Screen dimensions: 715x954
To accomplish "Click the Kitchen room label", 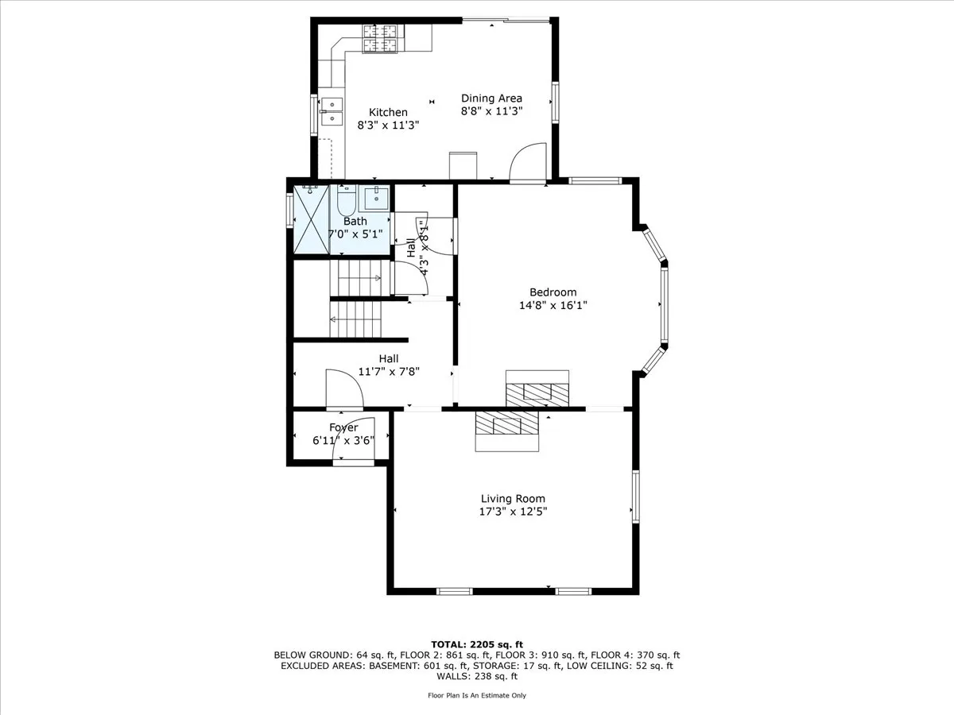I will point(388,113).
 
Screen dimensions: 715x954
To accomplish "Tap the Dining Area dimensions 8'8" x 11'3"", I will point(491,112).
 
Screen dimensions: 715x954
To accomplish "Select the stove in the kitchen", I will point(380,39).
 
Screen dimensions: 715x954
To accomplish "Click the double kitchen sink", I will point(331,111).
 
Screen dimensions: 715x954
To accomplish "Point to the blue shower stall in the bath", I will point(311,220).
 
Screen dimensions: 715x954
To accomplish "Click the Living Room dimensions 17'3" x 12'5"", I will point(513,512).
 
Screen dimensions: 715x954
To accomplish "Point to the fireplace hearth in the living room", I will point(508,431).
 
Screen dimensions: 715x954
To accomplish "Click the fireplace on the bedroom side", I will point(538,388).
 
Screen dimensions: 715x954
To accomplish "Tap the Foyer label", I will point(343,427).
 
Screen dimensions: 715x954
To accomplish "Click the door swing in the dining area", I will point(527,163).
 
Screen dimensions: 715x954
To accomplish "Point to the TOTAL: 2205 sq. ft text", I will point(477,643).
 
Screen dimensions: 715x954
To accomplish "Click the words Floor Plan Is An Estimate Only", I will point(477,695).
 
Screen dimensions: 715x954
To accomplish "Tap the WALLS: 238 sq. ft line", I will point(477,677).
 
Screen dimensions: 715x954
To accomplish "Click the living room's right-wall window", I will point(635,497).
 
